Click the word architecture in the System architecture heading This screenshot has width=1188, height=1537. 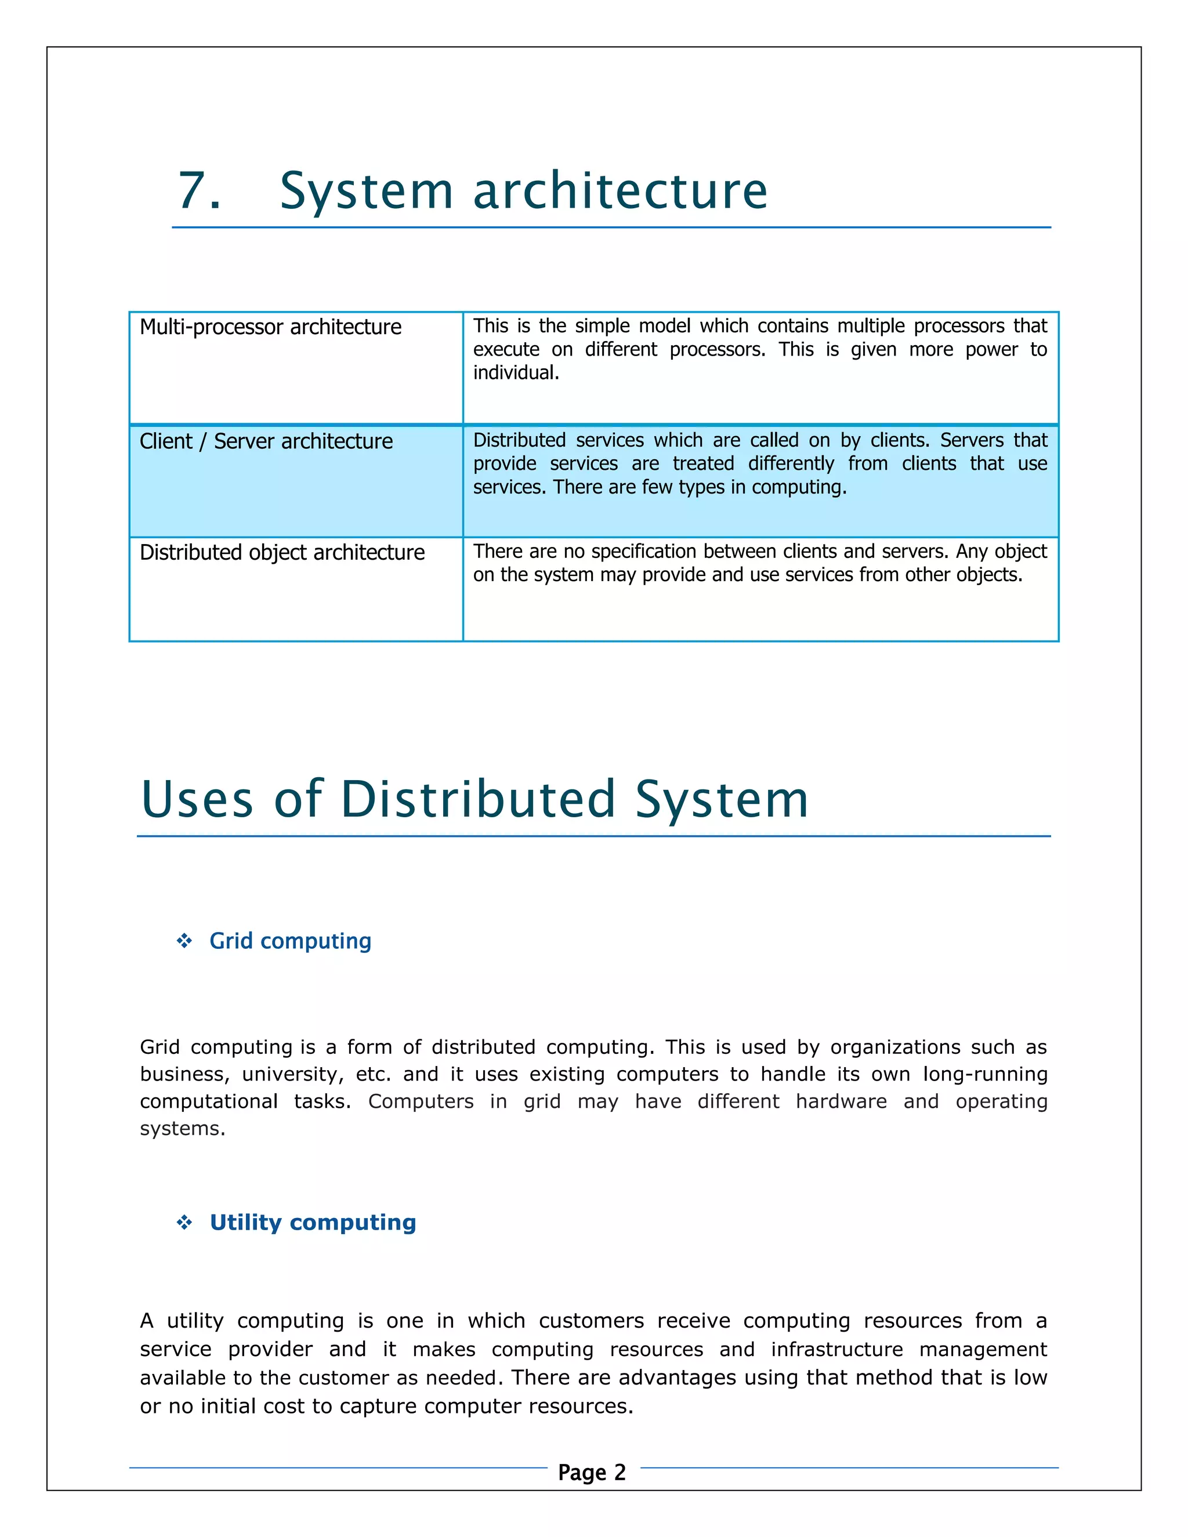tap(620, 191)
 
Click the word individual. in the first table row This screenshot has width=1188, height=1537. tap(516, 373)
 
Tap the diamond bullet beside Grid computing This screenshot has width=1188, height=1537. tap(184, 941)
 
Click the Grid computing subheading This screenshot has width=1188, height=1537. tap(290, 941)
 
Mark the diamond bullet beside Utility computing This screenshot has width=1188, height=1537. tap(184, 1223)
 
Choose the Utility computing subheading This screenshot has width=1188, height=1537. tap(313, 1223)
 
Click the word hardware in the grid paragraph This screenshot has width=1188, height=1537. tap(841, 1101)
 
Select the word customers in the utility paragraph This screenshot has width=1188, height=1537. tap(591, 1321)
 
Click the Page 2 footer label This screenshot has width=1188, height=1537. tap(592, 1472)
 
